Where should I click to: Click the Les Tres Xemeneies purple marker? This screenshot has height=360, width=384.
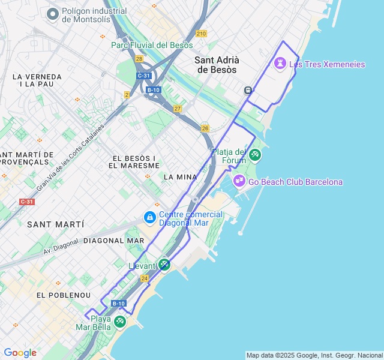tap(280, 63)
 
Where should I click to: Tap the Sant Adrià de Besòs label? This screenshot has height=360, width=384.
tap(217, 65)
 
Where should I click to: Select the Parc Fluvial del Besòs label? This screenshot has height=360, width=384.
tap(152, 45)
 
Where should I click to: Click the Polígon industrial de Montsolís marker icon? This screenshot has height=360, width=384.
tap(53, 14)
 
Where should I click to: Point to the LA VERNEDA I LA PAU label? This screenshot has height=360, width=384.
tap(37, 80)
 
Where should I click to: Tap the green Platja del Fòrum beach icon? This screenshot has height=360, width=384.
tap(255, 155)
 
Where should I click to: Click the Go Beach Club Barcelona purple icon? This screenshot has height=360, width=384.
tap(239, 181)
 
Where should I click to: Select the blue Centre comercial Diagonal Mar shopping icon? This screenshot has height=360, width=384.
tap(149, 217)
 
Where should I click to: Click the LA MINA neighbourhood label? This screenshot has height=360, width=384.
tap(180, 177)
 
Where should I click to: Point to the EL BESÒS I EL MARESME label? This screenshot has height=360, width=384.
tap(134, 161)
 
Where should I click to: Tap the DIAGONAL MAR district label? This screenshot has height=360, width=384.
tap(114, 241)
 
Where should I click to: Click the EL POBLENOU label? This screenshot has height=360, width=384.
tap(64, 295)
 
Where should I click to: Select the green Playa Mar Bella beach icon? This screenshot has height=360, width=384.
tap(120, 322)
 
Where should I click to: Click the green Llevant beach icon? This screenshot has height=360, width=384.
tap(164, 264)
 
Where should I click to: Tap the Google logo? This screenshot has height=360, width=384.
tap(20, 353)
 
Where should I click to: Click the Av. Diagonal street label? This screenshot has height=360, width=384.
tap(61, 246)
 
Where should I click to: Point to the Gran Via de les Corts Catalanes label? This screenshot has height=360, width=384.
tap(70, 158)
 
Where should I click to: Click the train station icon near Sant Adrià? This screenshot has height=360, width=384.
tap(247, 90)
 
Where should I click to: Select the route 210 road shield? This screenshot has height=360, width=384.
tap(200, 34)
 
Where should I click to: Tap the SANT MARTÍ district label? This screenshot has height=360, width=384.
tap(55, 224)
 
